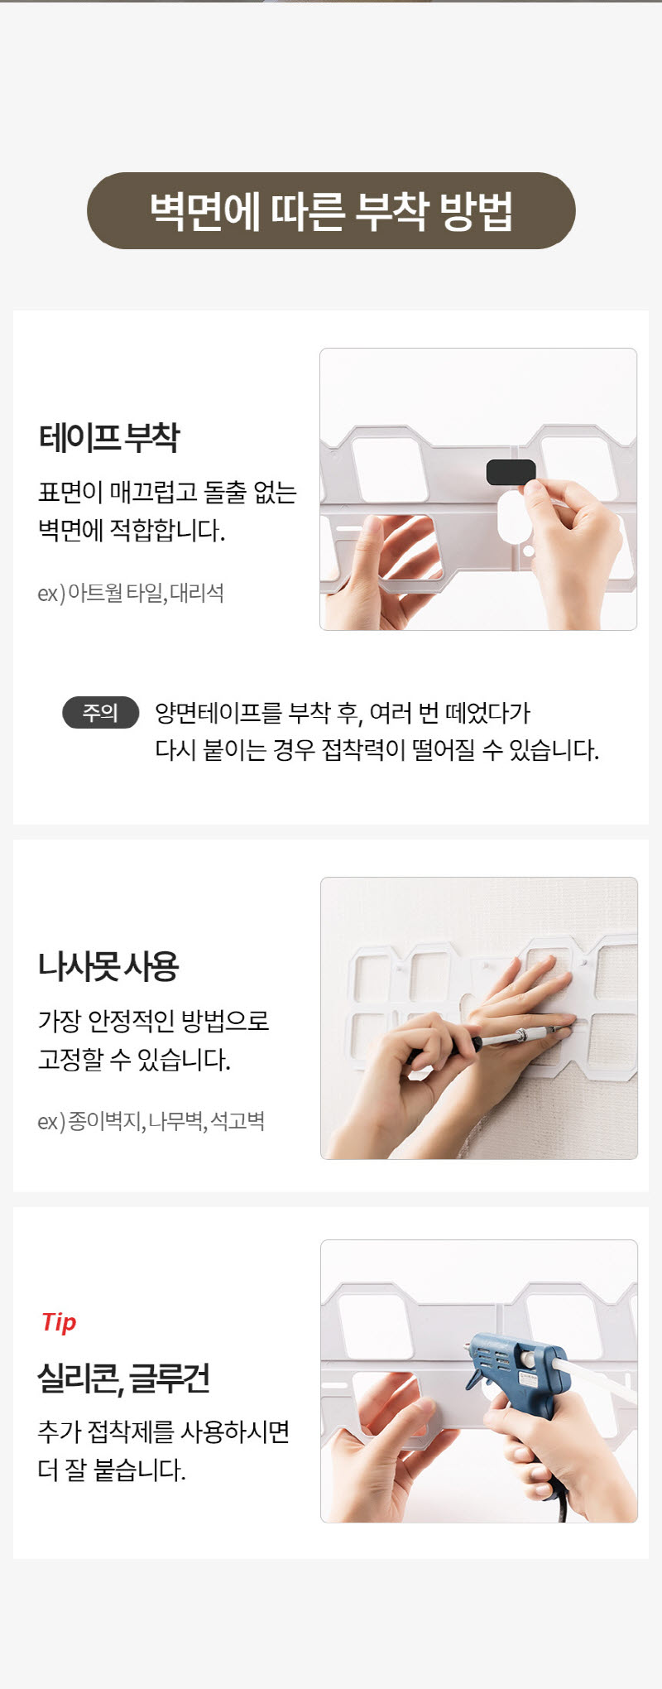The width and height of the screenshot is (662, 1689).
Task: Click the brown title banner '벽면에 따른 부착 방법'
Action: (x=331, y=210)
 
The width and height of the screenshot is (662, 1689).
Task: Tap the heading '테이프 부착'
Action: (x=108, y=437)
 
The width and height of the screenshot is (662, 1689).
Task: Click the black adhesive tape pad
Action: (x=511, y=472)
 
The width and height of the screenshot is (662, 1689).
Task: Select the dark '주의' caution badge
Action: (x=100, y=712)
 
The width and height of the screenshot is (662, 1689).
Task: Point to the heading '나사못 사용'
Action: (x=108, y=966)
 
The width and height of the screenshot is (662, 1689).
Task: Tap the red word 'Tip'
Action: (x=59, y=1322)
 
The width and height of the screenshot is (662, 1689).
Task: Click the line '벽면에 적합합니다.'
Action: (x=132, y=529)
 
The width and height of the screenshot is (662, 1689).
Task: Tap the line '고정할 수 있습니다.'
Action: (x=134, y=1059)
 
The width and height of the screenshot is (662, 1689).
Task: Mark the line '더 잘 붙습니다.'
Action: (x=112, y=1470)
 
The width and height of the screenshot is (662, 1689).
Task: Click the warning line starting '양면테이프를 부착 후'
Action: (x=343, y=713)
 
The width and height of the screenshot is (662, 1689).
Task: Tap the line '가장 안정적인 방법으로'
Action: (x=154, y=1021)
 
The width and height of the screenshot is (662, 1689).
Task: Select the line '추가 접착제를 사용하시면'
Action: (x=164, y=1432)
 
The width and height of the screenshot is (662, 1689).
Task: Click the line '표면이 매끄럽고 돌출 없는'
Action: (x=167, y=492)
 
